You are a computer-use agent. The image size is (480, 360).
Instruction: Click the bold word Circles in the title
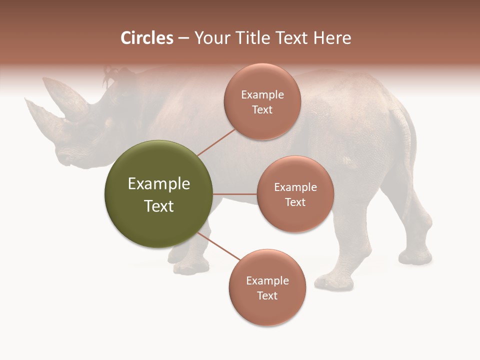[146, 38]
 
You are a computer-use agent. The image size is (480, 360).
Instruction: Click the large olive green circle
[158, 194]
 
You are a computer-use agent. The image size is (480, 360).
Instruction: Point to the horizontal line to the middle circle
[234, 194]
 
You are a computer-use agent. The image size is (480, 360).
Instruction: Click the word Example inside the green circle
[158, 184]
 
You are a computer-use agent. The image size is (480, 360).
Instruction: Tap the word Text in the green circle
[158, 206]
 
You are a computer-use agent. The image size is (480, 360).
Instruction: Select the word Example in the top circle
[262, 95]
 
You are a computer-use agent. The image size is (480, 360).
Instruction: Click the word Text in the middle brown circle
[295, 202]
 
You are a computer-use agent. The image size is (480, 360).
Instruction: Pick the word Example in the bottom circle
[267, 280]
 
